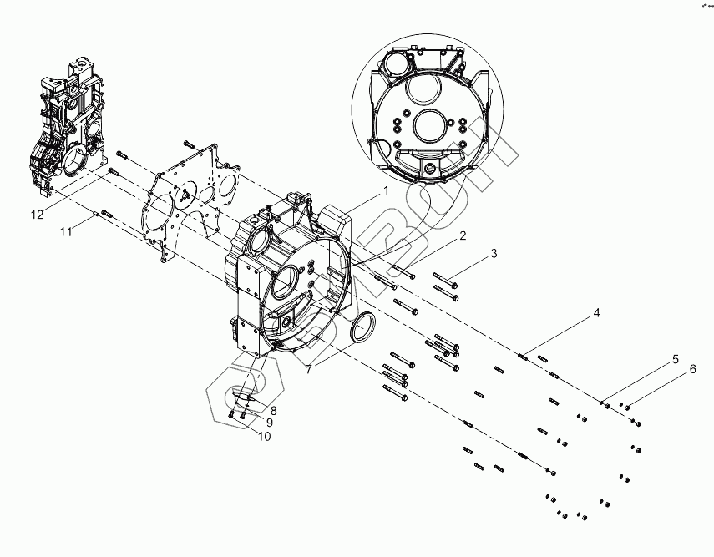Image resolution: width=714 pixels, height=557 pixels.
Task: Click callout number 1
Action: pyautogui.click(x=386, y=190)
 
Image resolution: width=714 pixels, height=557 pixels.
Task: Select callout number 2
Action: pyautogui.click(x=461, y=237)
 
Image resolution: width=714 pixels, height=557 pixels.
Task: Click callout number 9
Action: pyautogui.click(x=269, y=423)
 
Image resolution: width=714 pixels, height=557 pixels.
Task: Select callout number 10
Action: pyautogui.click(x=264, y=435)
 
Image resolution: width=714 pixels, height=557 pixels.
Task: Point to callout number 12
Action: pyautogui.click(x=38, y=215)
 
